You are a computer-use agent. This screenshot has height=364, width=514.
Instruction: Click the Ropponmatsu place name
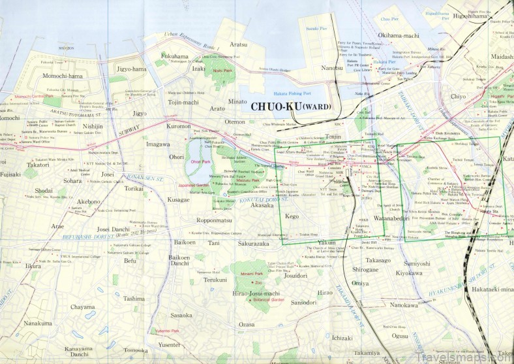click(x=215, y=220)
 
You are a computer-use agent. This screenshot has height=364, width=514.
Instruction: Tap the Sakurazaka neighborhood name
click(x=254, y=242)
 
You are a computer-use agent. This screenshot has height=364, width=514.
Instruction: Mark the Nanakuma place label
click(x=37, y=323)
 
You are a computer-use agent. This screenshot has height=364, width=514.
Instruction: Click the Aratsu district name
click(x=239, y=44)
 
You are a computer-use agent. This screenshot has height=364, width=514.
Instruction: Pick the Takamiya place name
click(x=367, y=352)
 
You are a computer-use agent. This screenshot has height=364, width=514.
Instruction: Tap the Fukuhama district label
click(x=174, y=56)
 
